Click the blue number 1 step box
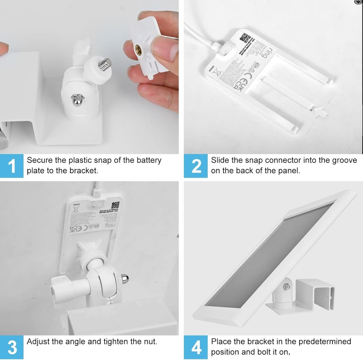12,166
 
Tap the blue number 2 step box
196,166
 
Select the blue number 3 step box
12,347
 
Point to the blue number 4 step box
196,347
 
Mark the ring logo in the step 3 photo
109,225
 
